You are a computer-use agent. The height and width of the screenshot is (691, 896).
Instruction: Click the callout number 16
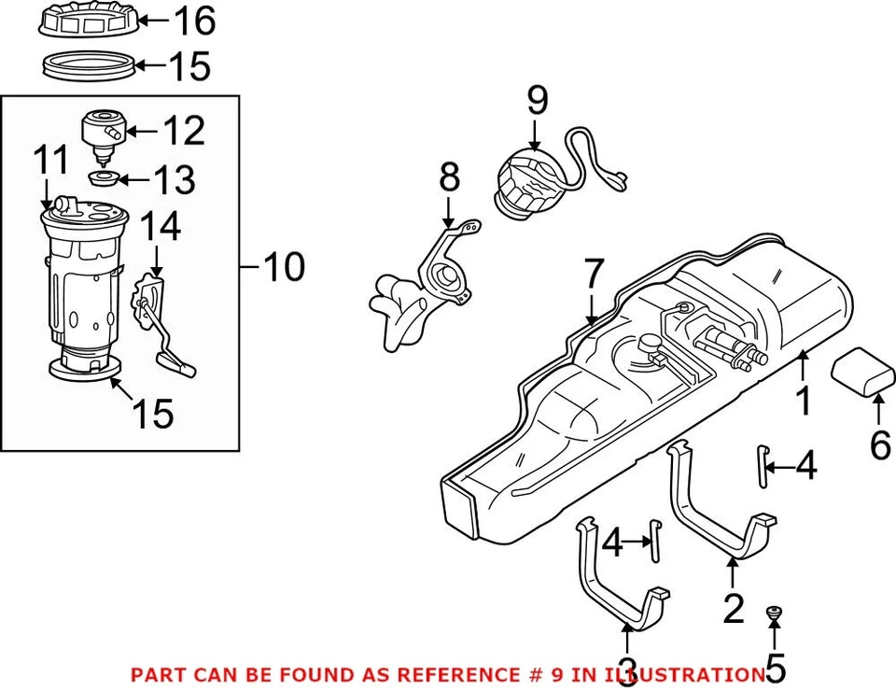point(193,20)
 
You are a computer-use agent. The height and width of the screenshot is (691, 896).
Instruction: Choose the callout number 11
point(53,161)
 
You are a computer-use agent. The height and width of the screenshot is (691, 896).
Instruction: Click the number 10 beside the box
point(283,269)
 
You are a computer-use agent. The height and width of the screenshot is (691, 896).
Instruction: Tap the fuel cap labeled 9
point(527,188)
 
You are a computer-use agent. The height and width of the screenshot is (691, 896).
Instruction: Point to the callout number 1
point(803,401)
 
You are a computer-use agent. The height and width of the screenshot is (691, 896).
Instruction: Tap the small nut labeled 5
point(774,613)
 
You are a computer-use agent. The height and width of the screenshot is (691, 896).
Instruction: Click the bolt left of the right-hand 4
point(763,466)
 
